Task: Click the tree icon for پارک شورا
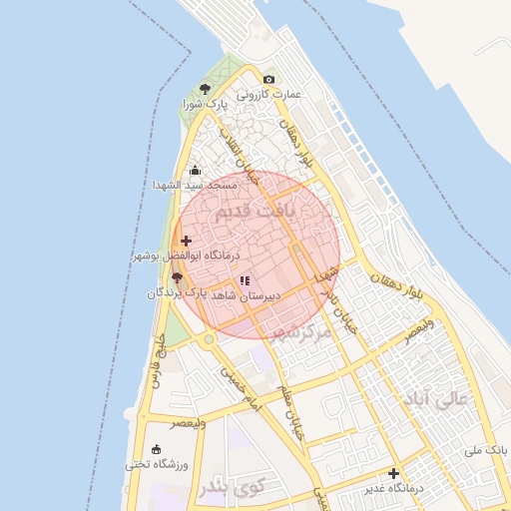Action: pyautogui.click(x=206, y=89)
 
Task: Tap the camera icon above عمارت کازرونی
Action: pyautogui.click(x=267, y=79)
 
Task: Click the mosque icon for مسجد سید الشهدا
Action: pyautogui.click(x=194, y=171)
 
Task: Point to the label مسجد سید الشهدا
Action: pyautogui.click(x=195, y=186)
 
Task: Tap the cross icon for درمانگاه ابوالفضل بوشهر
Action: pyautogui.click(x=186, y=241)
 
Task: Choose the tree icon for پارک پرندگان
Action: pyautogui.click(x=177, y=277)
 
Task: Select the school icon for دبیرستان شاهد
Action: pyautogui.click(x=246, y=281)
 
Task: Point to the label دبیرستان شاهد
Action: pyautogui.click(x=246, y=296)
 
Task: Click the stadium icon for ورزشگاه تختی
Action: pyautogui.click(x=156, y=450)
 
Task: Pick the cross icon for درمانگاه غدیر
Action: pyautogui.click(x=394, y=473)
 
